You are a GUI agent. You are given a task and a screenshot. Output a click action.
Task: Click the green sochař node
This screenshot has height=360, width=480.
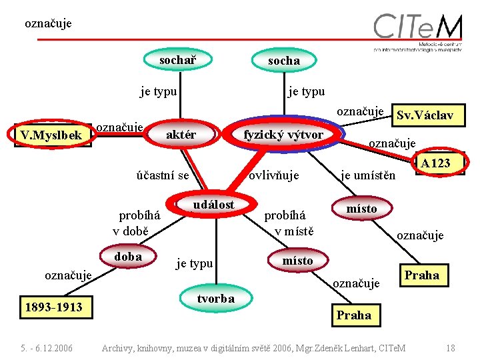tap(177, 60)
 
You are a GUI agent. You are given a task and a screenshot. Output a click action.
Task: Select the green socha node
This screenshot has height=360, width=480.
tap(284, 61)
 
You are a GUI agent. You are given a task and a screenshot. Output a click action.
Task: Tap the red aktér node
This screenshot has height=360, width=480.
tap(181, 135)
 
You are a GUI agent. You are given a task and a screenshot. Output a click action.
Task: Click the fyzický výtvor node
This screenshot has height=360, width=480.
tap(283, 135)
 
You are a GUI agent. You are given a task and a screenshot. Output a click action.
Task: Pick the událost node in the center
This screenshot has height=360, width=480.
tap(213, 205)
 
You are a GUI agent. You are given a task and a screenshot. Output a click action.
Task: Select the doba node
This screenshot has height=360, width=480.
tap(128, 257)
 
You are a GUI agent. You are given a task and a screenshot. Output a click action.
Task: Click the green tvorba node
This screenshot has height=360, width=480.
tap(215, 299)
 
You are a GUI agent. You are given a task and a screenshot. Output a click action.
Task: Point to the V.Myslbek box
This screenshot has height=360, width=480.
tap(51, 136)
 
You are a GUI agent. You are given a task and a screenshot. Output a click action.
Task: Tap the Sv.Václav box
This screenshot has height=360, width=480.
tap(425, 115)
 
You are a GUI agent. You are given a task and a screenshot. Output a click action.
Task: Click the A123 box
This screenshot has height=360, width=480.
tap(436, 163)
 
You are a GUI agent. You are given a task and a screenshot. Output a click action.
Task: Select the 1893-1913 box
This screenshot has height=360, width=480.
tap(53, 307)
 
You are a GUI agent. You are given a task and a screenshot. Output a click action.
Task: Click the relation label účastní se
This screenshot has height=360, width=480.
tap(163, 175)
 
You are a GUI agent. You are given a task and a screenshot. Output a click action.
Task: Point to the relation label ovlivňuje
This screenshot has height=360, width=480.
tap(273, 175)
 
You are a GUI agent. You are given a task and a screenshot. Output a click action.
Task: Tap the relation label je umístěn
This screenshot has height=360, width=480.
tap(368, 175)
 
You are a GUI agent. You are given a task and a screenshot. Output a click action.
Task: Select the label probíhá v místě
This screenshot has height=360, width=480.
tap(286, 223)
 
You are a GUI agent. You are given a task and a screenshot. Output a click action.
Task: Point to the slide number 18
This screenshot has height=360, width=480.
tap(451, 347)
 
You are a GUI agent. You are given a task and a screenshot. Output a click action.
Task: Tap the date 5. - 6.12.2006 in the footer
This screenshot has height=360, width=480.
tap(47, 347)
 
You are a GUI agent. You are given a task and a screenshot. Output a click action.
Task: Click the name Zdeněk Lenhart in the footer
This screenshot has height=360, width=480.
tap(337, 347)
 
